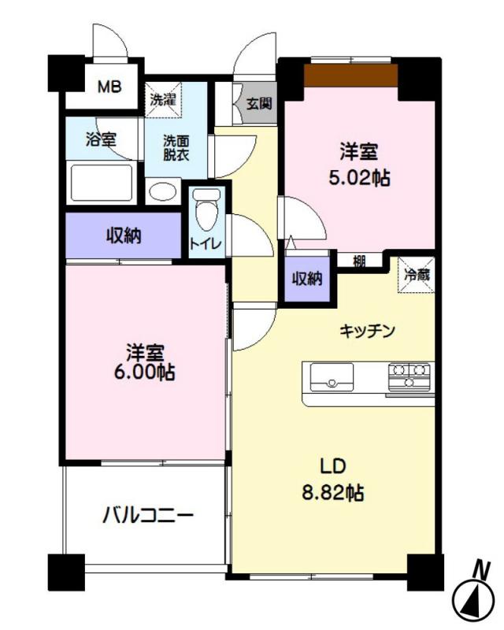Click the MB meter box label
click(109, 87)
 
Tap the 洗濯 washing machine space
click(163, 100)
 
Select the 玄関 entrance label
click(259, 104)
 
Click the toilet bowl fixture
click(206, 209)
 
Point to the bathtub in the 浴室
click(102, 183)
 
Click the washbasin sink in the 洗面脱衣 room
click(163, 191)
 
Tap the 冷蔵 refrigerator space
click(417, 275)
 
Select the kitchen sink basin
click(332, 377)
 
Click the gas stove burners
click(409, 376)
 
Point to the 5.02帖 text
click(359, 179)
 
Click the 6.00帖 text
click(145, 372)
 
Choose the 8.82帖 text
click(333, 492)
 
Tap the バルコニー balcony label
click(148, 515)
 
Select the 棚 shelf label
click(359, 261)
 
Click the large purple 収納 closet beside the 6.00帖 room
click(124, 235)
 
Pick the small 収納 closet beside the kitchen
click(307, 279)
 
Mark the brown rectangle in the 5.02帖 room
click(350, 75)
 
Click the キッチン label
click(367, 332)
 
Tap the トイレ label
click(206, 244)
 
